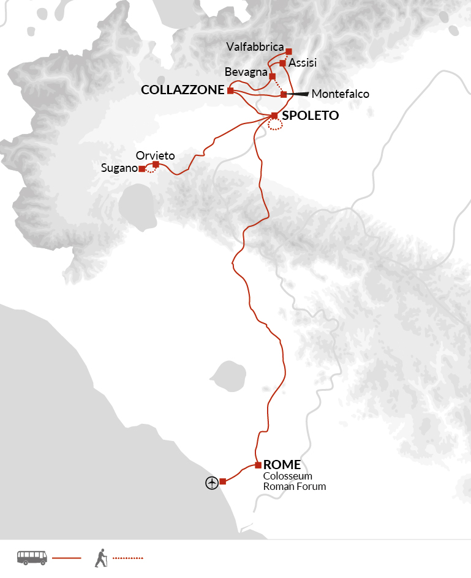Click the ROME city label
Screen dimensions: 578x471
click(282, 465)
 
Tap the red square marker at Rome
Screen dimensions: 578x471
click(258, 465)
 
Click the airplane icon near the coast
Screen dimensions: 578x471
click(212, 483)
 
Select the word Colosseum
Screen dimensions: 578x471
click(288, 476)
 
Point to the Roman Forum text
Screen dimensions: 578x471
click(295, 487)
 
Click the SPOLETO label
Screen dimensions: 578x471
click(310, 115)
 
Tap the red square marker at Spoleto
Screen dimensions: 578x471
click(275, 115)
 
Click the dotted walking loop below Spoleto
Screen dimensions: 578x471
click(276, 125)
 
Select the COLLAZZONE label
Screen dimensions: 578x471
click(183, 90)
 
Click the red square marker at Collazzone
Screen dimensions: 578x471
click(230, 91)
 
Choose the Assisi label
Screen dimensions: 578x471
click(303, 62)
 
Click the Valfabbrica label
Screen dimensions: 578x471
click(255, 47)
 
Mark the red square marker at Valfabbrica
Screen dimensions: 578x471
click(289, 51)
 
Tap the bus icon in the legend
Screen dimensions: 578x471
click(32, 557)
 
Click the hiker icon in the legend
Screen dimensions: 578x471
click(101, 557)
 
